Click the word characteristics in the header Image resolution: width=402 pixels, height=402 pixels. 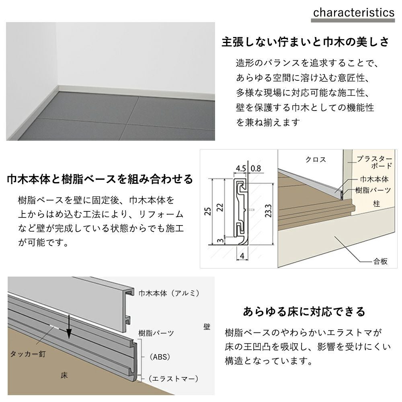(x=353, y=12)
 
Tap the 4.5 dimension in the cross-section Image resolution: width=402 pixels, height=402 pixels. (x=241, y=168)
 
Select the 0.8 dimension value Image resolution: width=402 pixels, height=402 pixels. (x=256, y=168)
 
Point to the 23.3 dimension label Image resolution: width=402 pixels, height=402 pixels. (x=268, y=211)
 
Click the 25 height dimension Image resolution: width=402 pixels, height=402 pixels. (x=208, y=211)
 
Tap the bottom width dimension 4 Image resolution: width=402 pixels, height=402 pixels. (x=242, y=256)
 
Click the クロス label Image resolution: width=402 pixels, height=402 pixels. (x=316, y=160)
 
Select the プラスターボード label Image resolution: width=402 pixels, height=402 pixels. (x=375, y=162)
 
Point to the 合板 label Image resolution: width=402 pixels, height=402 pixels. (x=380, y=261)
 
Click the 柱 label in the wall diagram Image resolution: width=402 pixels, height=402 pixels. (x=376, y=204)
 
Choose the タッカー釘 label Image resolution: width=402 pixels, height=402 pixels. (x=28, y=354)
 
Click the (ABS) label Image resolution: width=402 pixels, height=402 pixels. (x=160, y=357)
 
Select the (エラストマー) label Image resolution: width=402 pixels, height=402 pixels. (x=173, y=379)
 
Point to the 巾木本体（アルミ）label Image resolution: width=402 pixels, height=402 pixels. (x=169, y=293)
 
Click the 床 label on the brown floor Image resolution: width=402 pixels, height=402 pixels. (x=64, y=375)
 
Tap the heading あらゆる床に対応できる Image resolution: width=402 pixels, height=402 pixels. (x=304, y=312)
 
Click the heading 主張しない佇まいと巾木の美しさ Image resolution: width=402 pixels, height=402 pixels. (x=306, y=42)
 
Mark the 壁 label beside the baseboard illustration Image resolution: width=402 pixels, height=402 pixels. (x=207, y=326)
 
